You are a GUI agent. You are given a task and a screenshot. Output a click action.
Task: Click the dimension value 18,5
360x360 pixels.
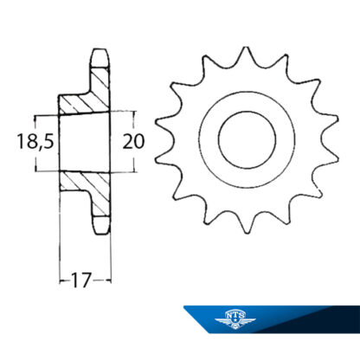(x=35, y=142)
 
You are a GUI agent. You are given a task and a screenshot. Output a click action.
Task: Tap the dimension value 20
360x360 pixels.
(x=133, y=142)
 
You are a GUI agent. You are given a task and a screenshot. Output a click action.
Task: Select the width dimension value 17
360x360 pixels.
(x=81, y=280)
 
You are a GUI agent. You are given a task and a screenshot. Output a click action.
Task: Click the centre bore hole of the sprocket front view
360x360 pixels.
(x=247, y=140)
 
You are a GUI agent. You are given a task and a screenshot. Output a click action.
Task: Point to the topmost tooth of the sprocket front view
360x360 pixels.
(x=246, y=55)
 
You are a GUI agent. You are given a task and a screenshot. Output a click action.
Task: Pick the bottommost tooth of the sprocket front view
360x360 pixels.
(x=247, y=225)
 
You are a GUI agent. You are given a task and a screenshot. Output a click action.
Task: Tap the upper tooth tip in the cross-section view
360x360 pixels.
(x=101, y=58)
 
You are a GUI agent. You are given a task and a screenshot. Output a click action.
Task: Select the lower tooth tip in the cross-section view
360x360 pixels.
(x=101, y=224)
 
